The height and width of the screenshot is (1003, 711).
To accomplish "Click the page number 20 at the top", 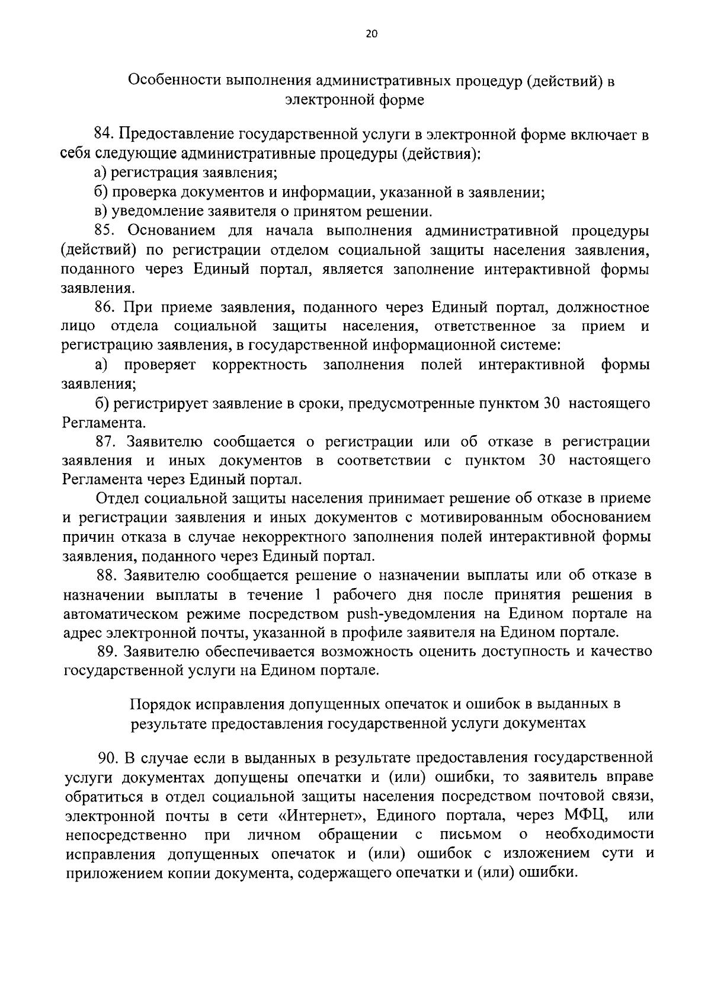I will point(371,34).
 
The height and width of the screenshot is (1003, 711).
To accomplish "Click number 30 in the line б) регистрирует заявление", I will point(549,404).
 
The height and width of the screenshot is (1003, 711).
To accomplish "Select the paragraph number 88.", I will point(108,575).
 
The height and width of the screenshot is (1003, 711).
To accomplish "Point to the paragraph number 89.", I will point(108,651).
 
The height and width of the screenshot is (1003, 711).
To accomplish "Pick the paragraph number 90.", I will point(109,757).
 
